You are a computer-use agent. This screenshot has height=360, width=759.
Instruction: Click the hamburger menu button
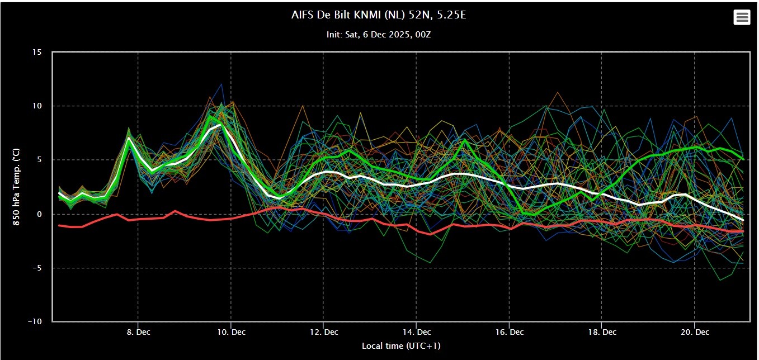coord(742,17)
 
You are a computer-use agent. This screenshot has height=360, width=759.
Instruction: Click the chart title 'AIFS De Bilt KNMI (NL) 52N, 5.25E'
coord(379,15)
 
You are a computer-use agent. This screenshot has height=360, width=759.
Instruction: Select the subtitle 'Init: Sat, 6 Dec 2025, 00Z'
coord(379,35)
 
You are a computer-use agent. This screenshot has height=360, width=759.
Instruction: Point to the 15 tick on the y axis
coord(37,53)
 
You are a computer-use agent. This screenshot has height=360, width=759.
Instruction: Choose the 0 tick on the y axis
coord(39,214)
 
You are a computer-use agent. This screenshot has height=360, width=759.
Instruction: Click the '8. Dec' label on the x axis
coord(138,332)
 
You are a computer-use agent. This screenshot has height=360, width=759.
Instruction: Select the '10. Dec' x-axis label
coord(231,332)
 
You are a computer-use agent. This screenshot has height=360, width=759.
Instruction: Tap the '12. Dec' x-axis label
coord(324,332)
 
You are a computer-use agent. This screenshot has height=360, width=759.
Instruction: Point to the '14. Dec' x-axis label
coord(416,332)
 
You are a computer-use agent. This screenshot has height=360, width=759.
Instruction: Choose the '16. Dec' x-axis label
coord(509,332)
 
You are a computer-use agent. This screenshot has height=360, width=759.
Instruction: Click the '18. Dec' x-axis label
coord(602,332)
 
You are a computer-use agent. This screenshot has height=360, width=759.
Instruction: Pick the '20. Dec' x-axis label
coord(695,332)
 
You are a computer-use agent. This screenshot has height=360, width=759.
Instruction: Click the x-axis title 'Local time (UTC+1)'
coord(401,346)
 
